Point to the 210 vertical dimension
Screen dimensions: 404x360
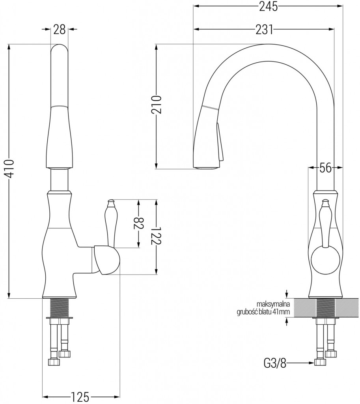(157, 105)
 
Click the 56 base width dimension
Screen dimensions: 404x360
(325, 168)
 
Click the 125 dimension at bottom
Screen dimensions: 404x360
(80, 396)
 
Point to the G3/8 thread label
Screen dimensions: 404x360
(275, 363)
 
